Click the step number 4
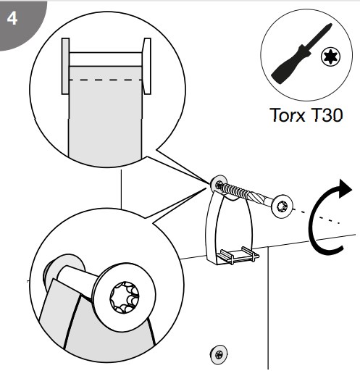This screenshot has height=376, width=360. [12, 18]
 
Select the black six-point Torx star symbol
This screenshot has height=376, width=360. [330, 57]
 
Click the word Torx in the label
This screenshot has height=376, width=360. [287, 115]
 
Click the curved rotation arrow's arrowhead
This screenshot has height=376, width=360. [345, 188]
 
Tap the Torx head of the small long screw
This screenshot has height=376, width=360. [282, 206]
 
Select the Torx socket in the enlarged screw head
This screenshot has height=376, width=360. [125, 297]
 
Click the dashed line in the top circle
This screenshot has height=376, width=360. [106, 80]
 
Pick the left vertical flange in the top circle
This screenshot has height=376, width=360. [65, 66]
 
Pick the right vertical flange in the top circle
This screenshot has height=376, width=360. [147, 66]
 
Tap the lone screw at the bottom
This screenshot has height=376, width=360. [219, 354]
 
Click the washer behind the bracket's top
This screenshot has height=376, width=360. [219, 184]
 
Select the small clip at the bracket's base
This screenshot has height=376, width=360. [238, 255]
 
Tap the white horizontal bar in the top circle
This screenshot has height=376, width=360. [106, 59]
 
